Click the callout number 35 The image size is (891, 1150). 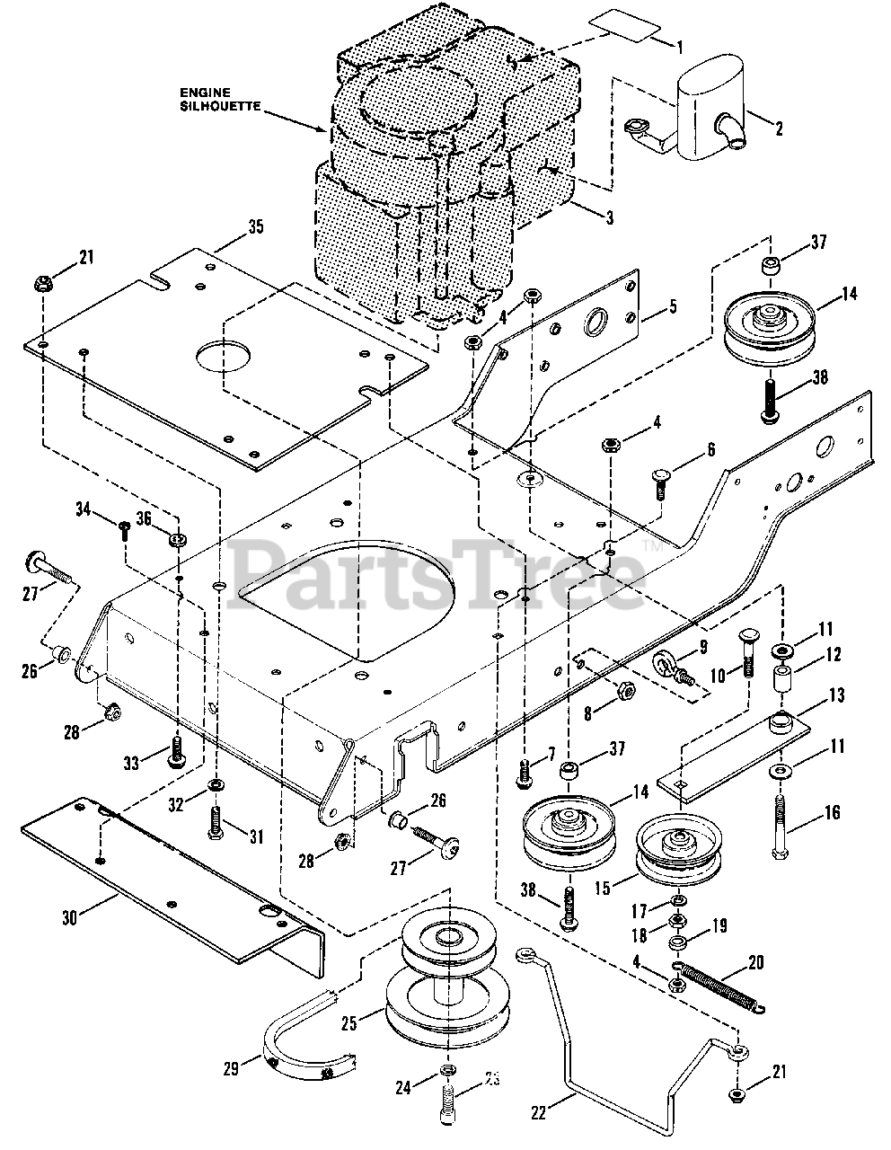(256, 226)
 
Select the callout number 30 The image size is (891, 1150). (70, 918)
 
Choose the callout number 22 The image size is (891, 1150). (538, 1111)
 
